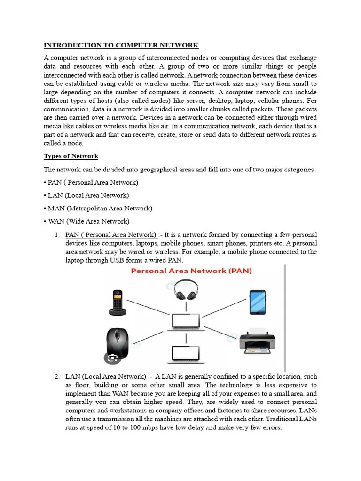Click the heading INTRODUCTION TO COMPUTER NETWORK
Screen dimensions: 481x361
click(x=121, y=45)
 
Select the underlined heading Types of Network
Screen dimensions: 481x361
click(x=71, y=156)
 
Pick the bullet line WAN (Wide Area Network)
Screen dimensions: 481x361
click(x=88, y=221)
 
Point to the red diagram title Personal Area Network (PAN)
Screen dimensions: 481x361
click(x=191, y=271)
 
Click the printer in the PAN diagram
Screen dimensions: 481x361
click(x=257, y=341)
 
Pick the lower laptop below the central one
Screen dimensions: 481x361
click(x=184, y=356)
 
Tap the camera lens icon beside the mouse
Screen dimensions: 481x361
click(x=113, y=359)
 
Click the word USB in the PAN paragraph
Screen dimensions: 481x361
click(x=117, y=260)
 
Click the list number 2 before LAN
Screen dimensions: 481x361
click(x=56, y=376)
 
